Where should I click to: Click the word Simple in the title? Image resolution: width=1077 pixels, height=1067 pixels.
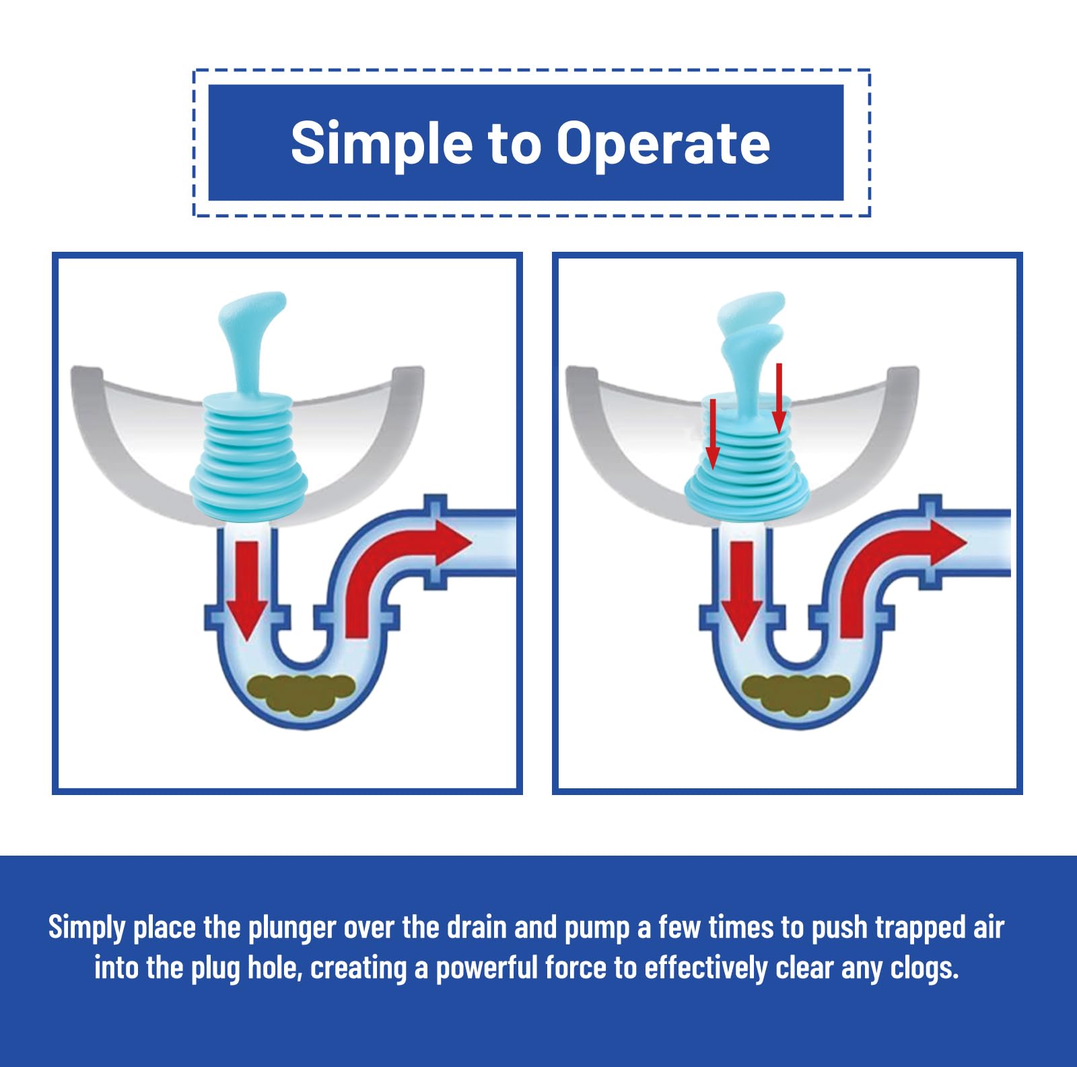[382, 143]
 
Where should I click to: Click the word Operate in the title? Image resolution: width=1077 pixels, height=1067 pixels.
[662, 143]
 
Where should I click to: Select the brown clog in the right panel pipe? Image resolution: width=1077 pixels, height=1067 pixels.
[796, 694]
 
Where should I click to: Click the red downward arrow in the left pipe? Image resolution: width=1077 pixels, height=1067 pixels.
[247, 590]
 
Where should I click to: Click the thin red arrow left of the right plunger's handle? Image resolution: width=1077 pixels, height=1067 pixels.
[713, 434]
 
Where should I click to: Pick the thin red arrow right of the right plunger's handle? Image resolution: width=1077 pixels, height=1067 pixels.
[779, 399]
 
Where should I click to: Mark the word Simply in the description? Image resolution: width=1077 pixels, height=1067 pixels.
[88, 928]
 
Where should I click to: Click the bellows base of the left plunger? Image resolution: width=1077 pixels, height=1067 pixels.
[249, 458]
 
